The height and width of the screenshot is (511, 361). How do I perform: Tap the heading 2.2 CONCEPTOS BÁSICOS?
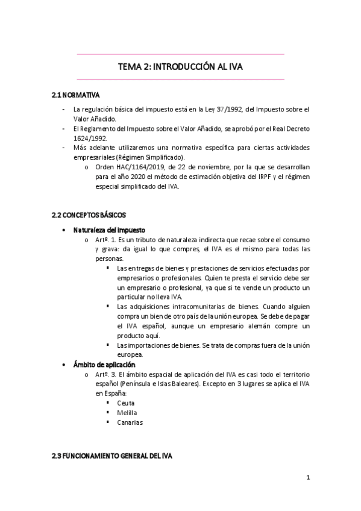pyautogui.click(x=89, y=215)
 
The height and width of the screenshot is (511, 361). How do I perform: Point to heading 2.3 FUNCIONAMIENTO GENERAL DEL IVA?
pyautogui.click(x=112, y=456)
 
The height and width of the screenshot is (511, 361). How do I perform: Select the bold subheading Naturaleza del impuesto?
pyautogui.click(x=109, y=230)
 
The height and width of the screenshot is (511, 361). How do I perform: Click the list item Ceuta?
pyautogui.click(x=127, y=403)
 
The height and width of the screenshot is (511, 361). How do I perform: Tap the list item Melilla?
pyautogui.click(x=128, y=413)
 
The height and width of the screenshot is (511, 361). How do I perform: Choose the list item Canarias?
pyautogui.click(x=130, y=422)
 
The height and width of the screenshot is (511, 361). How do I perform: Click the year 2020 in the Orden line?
pyautogui.click(x=145, y=177)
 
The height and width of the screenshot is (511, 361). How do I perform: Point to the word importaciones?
pyautogui.click(x=148, y=345)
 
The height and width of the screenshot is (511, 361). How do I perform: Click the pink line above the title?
pyautogui.click(x=180, y=54)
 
